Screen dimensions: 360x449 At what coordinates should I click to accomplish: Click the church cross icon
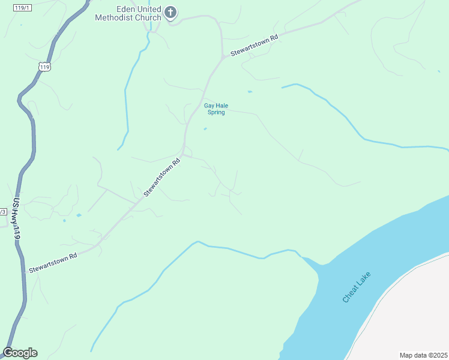170,12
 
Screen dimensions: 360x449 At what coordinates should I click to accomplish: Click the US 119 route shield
44,67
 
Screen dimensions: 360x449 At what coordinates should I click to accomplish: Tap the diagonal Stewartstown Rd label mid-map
162,178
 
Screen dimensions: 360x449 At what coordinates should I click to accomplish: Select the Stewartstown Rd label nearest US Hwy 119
53,262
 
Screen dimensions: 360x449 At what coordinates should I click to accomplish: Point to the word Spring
216,112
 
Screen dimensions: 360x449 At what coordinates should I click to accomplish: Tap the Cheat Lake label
357,287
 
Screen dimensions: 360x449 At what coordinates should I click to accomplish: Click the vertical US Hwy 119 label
16,220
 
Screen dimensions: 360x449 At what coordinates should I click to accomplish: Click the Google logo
20,352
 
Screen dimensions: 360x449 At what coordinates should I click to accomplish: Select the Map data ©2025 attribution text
423,355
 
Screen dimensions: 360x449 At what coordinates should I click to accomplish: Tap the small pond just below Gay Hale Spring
205,128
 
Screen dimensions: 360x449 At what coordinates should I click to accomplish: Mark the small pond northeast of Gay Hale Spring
250,92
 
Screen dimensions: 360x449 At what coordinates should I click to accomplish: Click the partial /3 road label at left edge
2,211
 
